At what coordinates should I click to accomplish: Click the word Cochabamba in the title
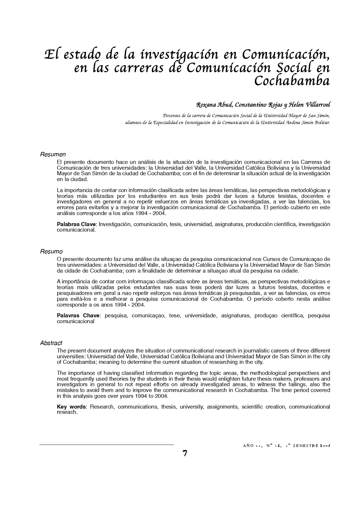292,81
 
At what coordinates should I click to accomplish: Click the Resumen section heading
53,154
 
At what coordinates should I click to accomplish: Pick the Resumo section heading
51,251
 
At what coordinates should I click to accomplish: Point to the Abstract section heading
51,343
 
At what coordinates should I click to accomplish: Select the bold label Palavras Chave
78,316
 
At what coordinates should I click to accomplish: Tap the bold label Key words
71,407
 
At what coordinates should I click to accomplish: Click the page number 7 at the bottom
185,453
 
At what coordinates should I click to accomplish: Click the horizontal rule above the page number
106,445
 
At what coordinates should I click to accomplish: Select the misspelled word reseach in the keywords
67,412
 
